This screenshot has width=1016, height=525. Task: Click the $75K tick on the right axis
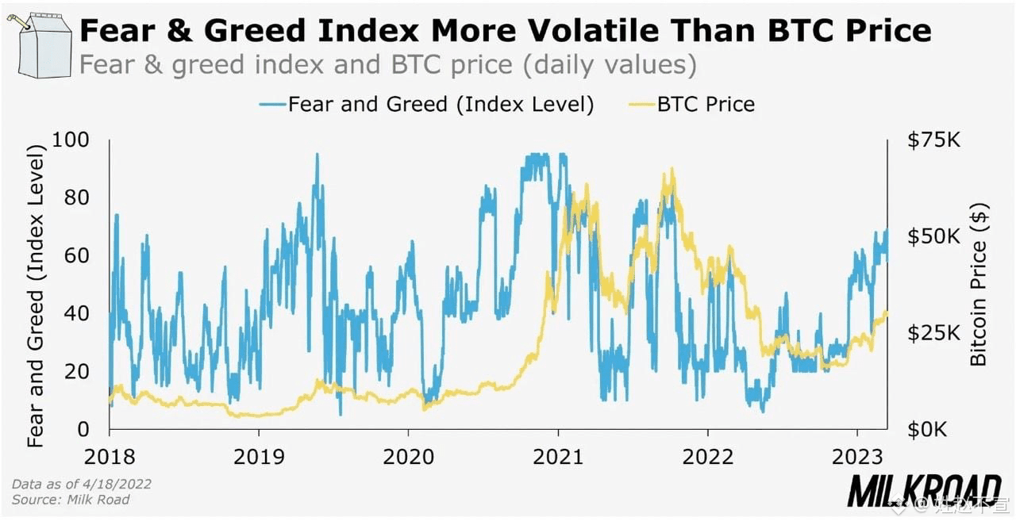[x=933, y=140]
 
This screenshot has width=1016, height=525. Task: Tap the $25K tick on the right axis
[x=933, y=333]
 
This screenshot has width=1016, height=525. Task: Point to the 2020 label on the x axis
[x=408, y=458]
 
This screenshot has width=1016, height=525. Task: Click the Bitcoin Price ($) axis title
[x=979, y=285]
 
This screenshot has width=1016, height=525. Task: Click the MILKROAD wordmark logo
[x=924, y=492]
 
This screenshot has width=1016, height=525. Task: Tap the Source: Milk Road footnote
[x=71, y=500]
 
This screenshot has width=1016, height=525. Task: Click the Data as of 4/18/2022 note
[x=82, y=484]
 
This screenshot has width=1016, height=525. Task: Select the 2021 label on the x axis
[x=558, y=458]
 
